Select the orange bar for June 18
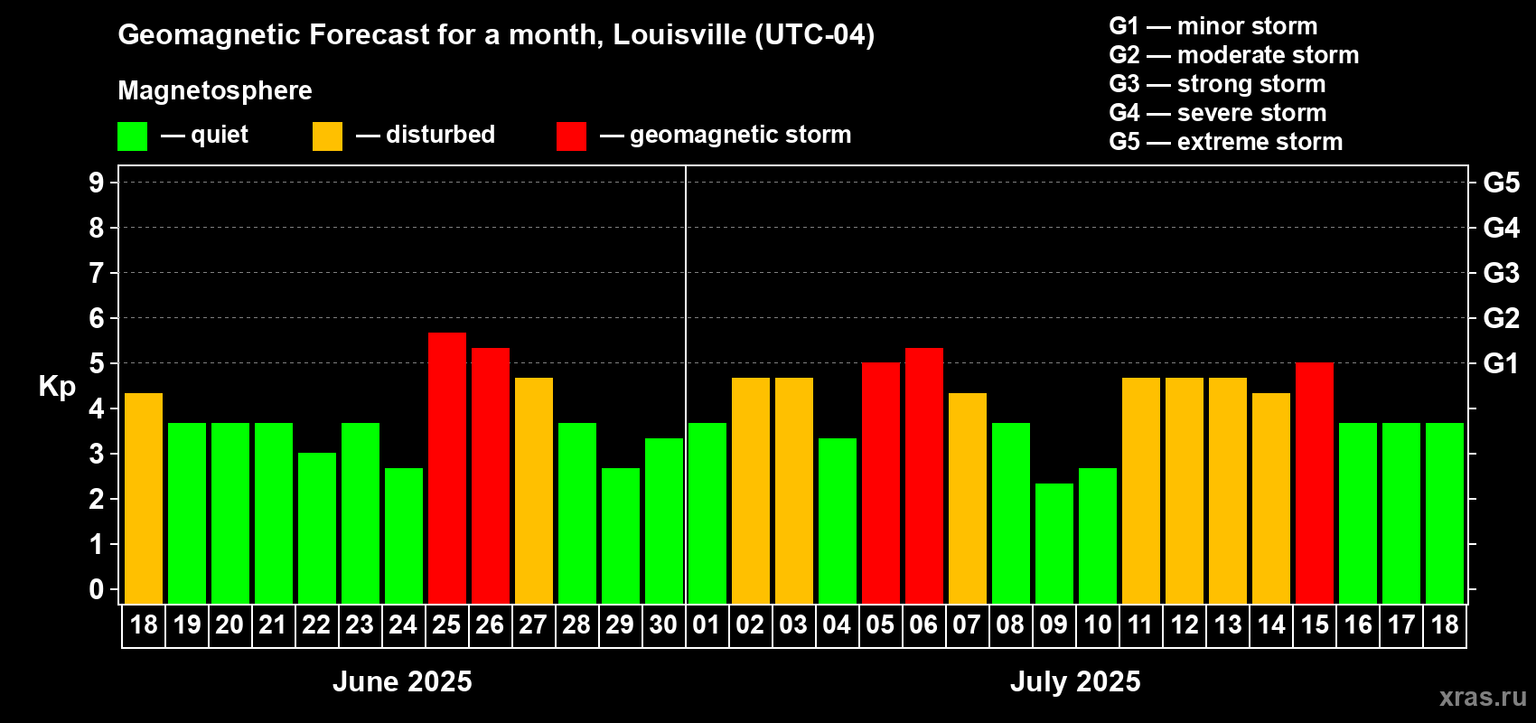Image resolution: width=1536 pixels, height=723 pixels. [144, 498]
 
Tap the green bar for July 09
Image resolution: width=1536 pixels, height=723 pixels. [1054, 543]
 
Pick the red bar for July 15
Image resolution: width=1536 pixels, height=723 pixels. [1315, 483]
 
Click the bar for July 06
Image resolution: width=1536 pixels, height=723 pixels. [924, 475]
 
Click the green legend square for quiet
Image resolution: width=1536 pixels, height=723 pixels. [133, 136]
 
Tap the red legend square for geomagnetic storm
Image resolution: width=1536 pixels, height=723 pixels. [571, 136]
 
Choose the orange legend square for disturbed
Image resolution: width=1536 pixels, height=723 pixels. [327, 136]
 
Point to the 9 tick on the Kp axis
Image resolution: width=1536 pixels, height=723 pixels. [97, 183]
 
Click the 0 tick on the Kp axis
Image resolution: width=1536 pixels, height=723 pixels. [97, 589]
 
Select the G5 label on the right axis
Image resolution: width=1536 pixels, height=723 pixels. [1501, 183]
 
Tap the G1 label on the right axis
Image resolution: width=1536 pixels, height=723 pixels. [1501, 363]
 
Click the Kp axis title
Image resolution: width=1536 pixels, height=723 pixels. [57, 386]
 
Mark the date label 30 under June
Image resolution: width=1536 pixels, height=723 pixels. [663, 624]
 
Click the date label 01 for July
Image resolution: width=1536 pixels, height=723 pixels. [706, 624]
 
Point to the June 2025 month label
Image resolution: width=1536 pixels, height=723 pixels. [402, 681]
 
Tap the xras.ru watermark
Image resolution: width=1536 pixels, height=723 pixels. [1483, 697]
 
